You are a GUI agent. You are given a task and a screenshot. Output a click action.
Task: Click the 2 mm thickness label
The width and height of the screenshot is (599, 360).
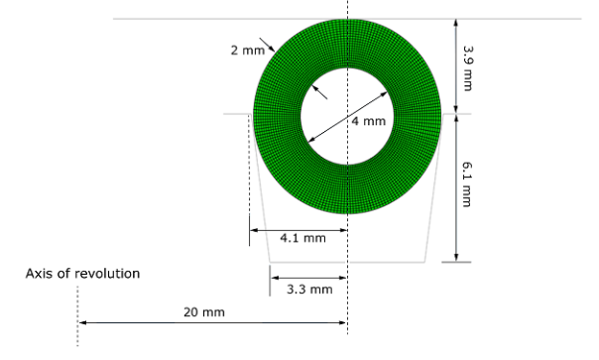coord(248,50)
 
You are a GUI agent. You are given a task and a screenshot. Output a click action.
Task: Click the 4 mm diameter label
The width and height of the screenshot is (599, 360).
coord(369,121)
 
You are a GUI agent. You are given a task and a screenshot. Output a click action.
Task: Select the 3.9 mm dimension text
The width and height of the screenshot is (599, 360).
coord(467,68)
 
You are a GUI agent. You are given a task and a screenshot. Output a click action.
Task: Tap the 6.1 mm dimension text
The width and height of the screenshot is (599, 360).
coord(467,184)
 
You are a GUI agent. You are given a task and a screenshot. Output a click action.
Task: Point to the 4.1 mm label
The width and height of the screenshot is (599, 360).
coord(302,238)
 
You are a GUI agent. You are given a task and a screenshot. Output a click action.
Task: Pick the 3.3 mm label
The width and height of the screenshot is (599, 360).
coord(309,290)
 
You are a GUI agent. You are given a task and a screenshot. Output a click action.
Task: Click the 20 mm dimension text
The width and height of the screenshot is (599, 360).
coord(204,312)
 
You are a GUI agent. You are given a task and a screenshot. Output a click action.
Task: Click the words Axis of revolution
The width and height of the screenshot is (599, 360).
coord(82,274)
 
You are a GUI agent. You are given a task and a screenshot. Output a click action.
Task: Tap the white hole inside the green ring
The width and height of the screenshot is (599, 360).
coord(347,117)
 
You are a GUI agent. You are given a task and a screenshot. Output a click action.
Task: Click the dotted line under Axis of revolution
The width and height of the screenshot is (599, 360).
coord(77,316)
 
